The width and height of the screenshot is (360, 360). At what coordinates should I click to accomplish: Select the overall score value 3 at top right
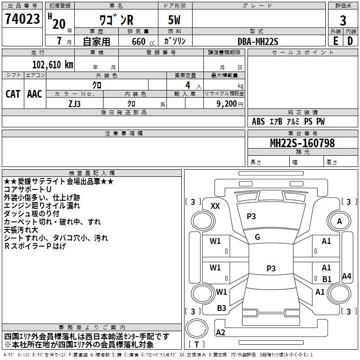pyautogui.click(x=343, y=21)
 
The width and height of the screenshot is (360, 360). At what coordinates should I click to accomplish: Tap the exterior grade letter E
pyautogui.click(x=335, y=40)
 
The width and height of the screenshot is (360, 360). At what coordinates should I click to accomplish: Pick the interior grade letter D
pyautogui.click(x=350, y=40)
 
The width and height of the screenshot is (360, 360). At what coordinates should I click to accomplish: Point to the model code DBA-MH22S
pyautogui.click(x=258, y=40)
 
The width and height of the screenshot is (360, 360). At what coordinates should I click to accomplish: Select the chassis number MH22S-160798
pyautogui.click(x=302, y=143)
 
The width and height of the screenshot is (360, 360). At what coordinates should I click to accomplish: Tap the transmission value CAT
pyautogui.click(x=13, y=94)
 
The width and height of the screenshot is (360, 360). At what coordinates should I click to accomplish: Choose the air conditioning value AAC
pyautogui.click(x=35, y=94)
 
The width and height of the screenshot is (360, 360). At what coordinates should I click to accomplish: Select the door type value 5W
pyautogui.click(x=175, y=21)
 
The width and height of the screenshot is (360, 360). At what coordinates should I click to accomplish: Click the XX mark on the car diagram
pyautogui.click(x=215, y=206)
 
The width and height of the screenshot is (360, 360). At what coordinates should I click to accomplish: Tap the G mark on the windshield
pyautogui.click(x=257, y=237)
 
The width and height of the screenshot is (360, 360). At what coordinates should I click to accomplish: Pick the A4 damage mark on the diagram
pyautogui.click(x=346, y=276)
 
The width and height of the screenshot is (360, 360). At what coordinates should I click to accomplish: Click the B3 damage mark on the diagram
pyautogui.click(x=221, y=308)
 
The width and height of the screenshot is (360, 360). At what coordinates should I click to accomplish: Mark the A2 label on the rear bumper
pyautogui.click(x=221, y=333)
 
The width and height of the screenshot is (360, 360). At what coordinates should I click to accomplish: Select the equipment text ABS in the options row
pyautogui.click(x=258, y=121)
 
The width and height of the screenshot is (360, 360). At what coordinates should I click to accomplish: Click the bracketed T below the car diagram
pyautogui.click(x=197, y=344)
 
